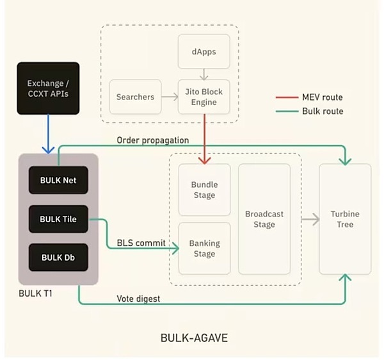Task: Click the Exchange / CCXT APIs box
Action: pos(48,88)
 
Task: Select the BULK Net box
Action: pos(58,180)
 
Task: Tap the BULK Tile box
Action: pos(58,219)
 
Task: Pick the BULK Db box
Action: pos(58,258)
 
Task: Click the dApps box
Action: pos(204,51)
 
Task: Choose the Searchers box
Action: pos(135,97)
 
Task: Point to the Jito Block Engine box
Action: pos(204,97)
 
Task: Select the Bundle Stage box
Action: pos(205,190)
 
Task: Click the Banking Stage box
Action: pos(205,249)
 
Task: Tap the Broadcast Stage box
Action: pos(264,219)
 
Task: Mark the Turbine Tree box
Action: pos(345,219)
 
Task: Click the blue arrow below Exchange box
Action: pos(48,134)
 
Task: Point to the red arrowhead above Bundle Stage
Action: pos(205,161)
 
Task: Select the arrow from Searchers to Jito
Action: pos(170,97)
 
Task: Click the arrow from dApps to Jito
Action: pos(204,74)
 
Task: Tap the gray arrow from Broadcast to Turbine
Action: pos(310,219)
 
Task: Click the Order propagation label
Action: pos(153,140)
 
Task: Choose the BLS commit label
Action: pos(141,243)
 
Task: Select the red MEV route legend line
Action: pos(287,97)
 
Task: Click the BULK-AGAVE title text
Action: pos(194,338)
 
